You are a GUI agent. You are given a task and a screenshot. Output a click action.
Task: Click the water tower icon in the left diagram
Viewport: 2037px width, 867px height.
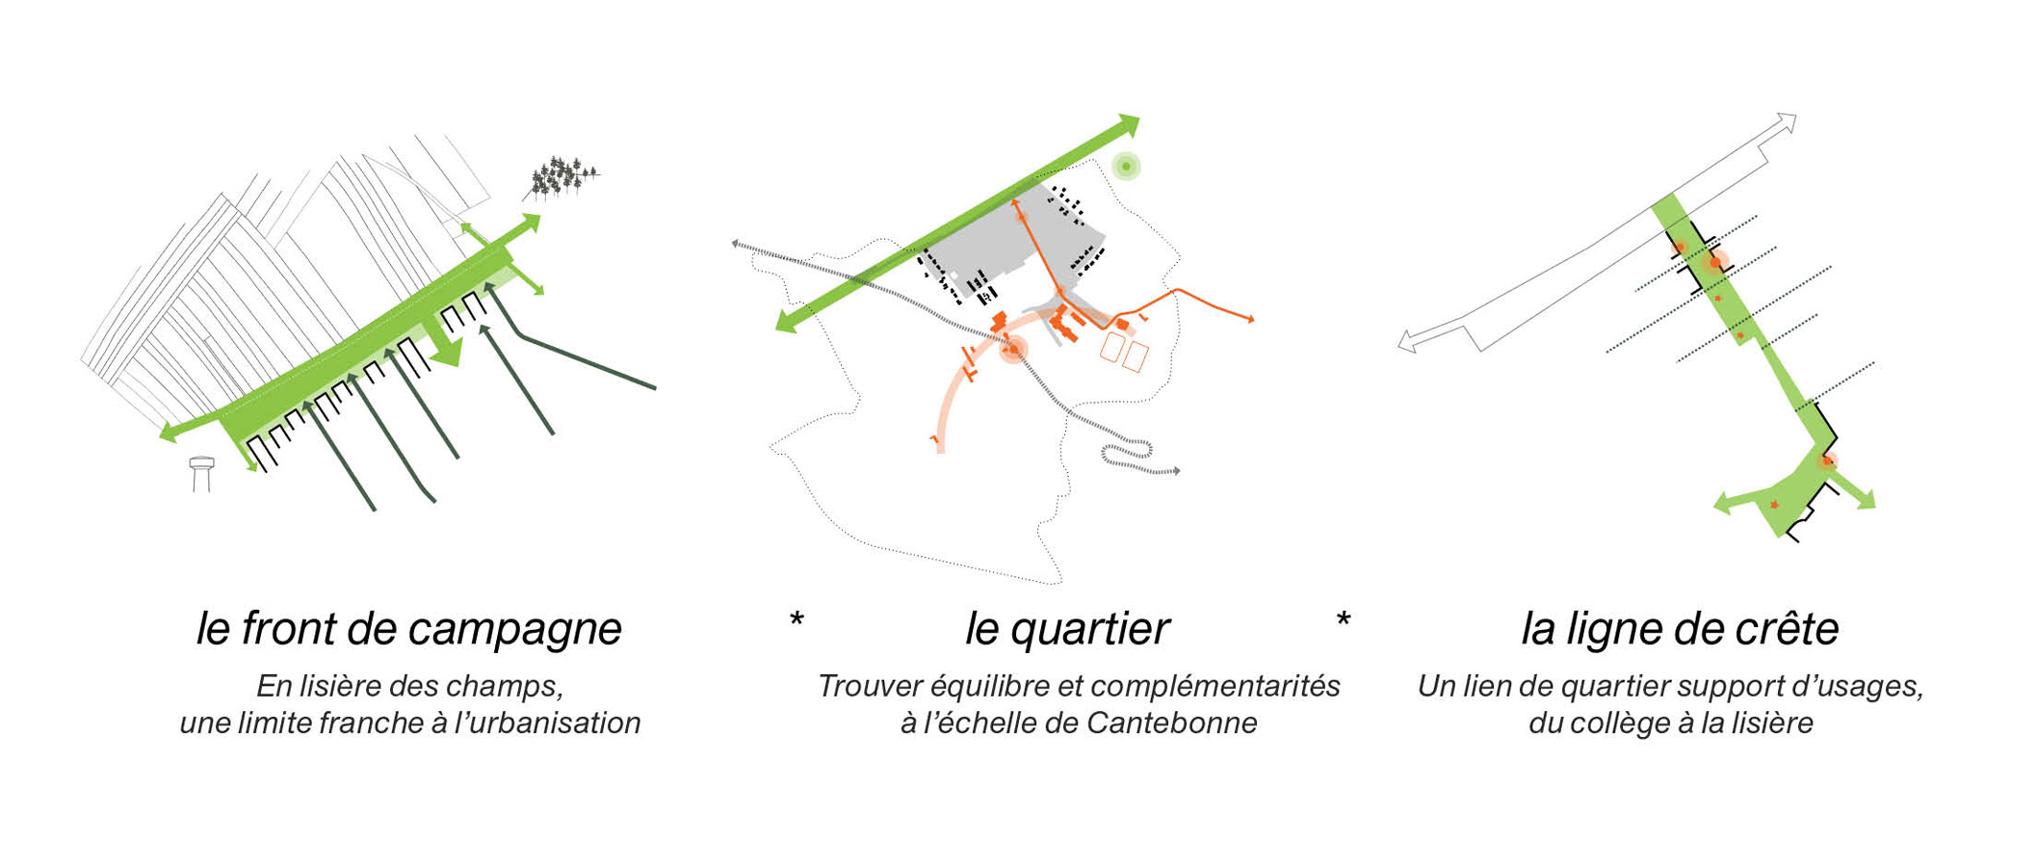(201, 473)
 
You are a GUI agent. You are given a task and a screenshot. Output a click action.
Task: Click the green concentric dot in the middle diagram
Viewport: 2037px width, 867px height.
(1126, 167)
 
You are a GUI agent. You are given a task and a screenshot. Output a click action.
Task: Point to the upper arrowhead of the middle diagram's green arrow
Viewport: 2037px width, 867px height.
(1129, 124)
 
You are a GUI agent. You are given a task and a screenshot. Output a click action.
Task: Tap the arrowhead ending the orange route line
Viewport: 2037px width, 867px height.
(1251, 319)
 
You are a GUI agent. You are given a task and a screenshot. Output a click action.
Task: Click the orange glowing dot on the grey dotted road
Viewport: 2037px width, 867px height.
(1013, 350)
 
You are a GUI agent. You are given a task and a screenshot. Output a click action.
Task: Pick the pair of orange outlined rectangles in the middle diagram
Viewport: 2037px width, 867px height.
(1124, 352)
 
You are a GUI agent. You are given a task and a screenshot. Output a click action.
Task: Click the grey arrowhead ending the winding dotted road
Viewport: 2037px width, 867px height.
(1176, 471)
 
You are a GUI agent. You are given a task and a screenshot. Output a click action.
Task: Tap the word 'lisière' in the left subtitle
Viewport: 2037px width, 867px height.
(334, 687)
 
